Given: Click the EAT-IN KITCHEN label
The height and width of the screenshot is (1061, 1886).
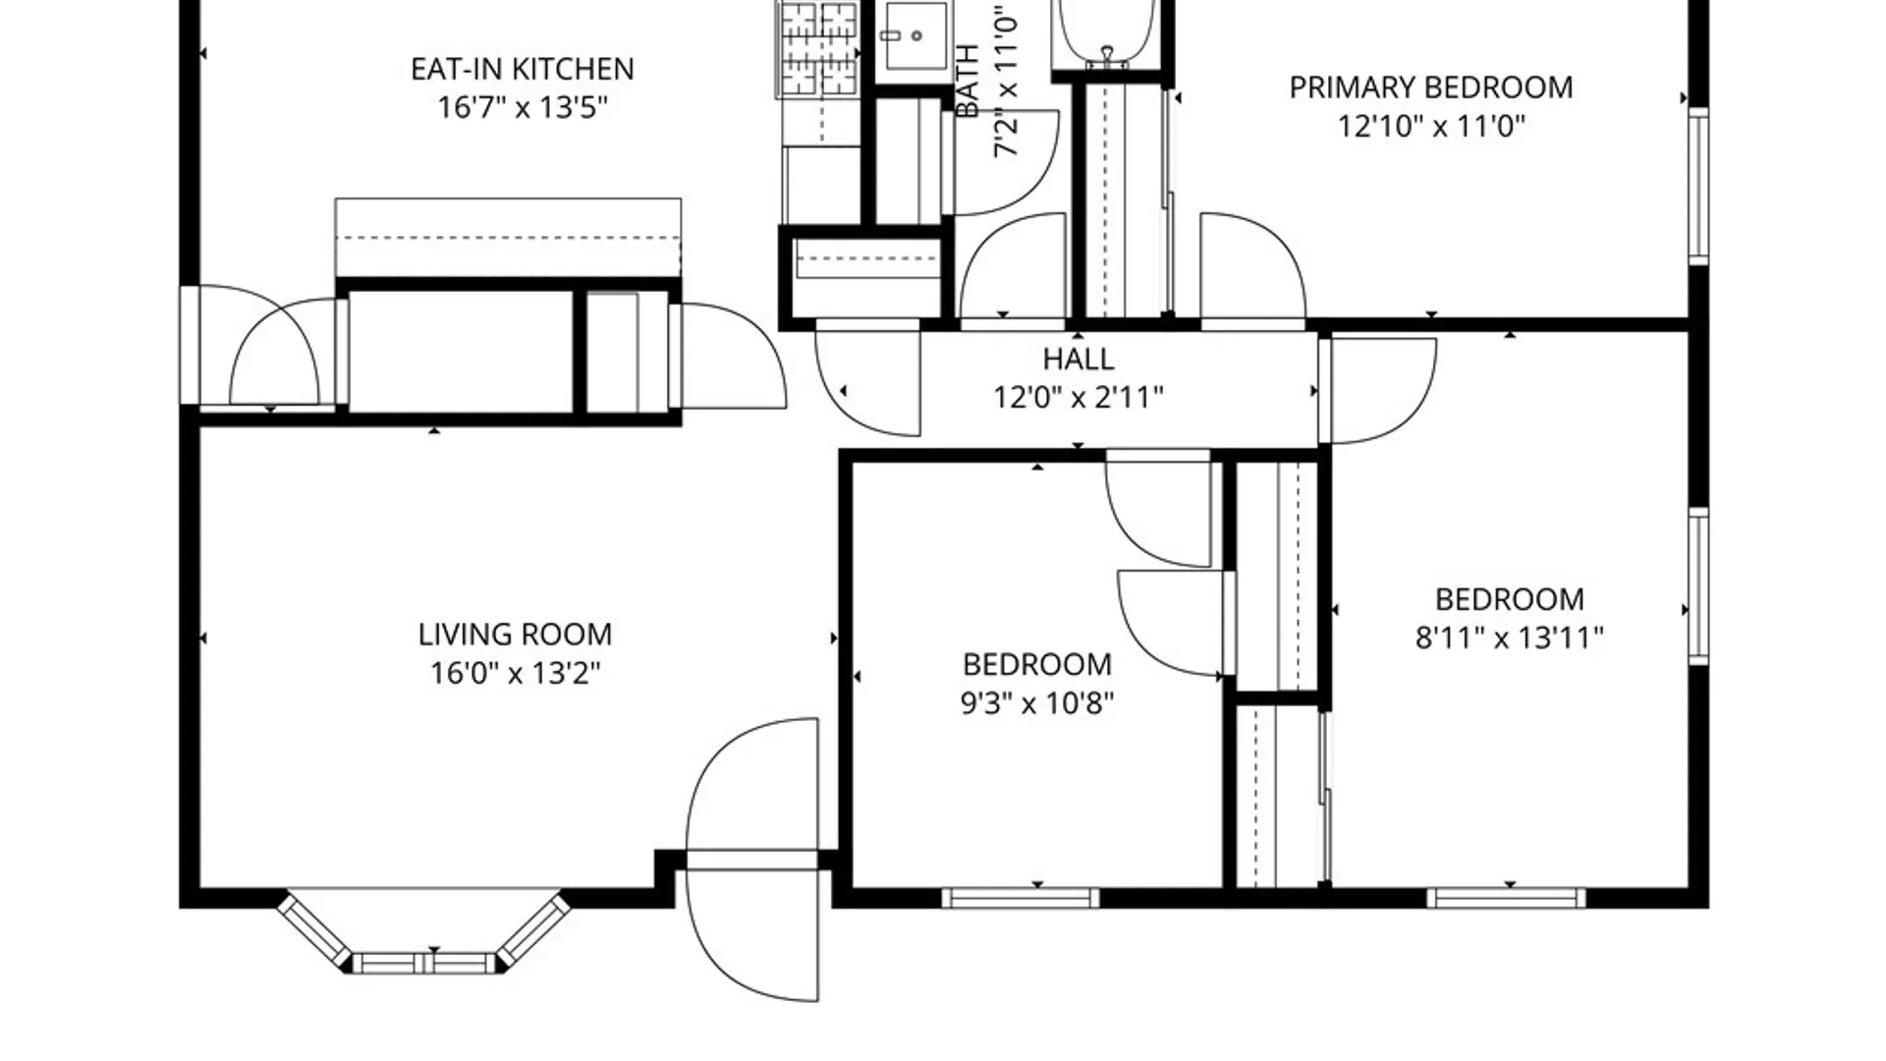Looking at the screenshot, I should [x=522, y=69].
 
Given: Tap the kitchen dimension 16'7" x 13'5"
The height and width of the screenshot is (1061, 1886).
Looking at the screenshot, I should [x=522, y=107].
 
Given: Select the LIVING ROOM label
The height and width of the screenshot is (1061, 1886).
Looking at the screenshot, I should [x=515, y=635].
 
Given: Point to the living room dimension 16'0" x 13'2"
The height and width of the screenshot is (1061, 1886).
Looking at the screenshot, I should [x=515, y=673].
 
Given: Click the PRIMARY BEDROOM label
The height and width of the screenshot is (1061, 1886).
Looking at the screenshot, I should [x=1430, y=87].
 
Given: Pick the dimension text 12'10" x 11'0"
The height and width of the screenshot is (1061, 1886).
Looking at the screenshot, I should [x=1430, y=127].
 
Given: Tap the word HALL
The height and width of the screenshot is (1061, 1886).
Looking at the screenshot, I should [x=1078, y=359].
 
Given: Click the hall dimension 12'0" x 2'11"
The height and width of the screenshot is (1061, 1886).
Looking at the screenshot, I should [x=1078, y=398].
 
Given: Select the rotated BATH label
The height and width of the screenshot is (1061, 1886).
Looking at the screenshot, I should [x=968, y=81].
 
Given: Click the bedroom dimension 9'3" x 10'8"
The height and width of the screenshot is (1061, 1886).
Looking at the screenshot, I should [x=1036, y=703].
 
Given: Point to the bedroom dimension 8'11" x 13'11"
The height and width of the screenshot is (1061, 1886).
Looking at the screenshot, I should [x=1509, y=639].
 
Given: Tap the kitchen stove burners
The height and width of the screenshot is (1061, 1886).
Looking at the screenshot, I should [x=817, y=49].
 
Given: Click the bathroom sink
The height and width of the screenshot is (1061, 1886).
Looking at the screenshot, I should [x=915, y=37].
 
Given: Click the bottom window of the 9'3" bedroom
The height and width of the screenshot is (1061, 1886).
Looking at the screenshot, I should [x=1020, y=897].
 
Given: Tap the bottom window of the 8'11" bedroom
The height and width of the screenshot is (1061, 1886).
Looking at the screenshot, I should [x=1505, y=897].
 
